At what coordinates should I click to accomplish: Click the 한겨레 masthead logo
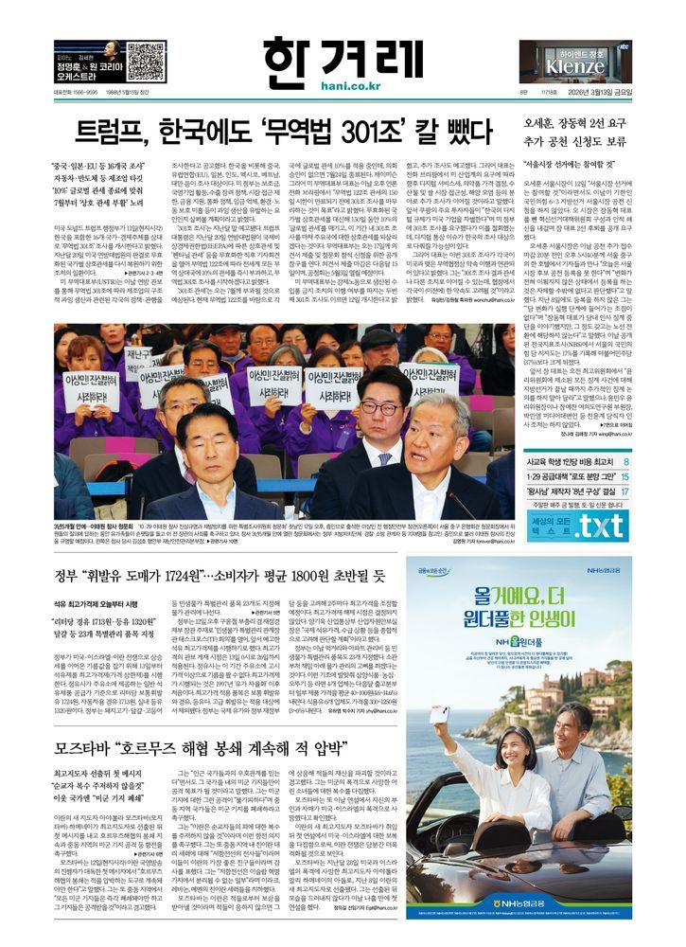(x=343, y=52)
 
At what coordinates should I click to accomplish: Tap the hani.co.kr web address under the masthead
(x=343, y=87)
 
